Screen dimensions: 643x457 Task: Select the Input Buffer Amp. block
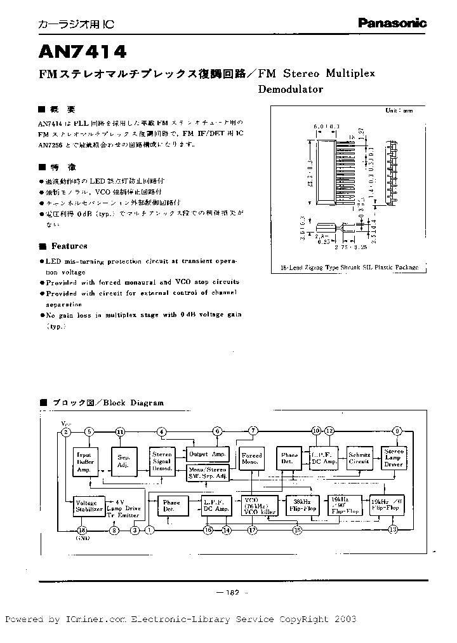84,461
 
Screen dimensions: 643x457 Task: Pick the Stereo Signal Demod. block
162,462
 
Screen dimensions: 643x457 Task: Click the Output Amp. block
208,454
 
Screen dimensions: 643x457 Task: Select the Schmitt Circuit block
359,459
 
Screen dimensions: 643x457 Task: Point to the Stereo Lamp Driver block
394,459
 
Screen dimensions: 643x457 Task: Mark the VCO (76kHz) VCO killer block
258,505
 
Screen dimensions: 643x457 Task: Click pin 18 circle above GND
81,530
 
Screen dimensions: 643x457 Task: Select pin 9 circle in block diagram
398,431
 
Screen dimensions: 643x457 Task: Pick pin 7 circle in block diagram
254,431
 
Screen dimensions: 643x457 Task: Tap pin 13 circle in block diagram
393,529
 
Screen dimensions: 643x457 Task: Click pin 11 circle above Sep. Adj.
121,432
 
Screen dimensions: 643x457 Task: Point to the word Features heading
69,246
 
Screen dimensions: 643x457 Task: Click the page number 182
231,593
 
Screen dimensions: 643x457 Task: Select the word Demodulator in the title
290,89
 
